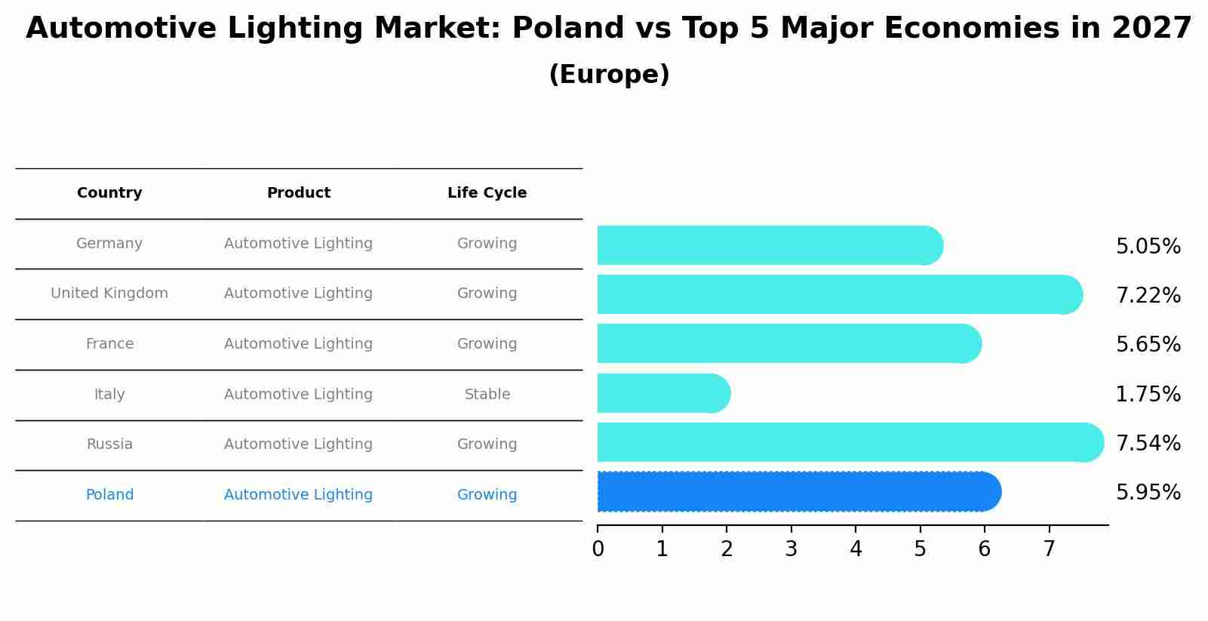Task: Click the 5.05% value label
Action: point(1148,247)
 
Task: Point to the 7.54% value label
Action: point(1148,443)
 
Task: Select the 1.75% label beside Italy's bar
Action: point(1148,394)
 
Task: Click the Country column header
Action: point(109,193)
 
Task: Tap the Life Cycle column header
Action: point(487,193)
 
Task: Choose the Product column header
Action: point(298,193)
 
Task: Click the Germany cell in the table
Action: point(109,244)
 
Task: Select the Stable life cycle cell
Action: point(487,395)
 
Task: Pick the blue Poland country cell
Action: point(109,495)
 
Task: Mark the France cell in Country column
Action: point(109,344)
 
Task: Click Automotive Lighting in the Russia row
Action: point(298,444)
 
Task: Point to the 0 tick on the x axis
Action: point(598,549)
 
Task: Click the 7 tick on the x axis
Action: point(1049,549)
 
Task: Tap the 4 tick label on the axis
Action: point(856,549)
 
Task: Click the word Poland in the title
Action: point(567,29)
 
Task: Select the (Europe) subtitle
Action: point(609,75)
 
